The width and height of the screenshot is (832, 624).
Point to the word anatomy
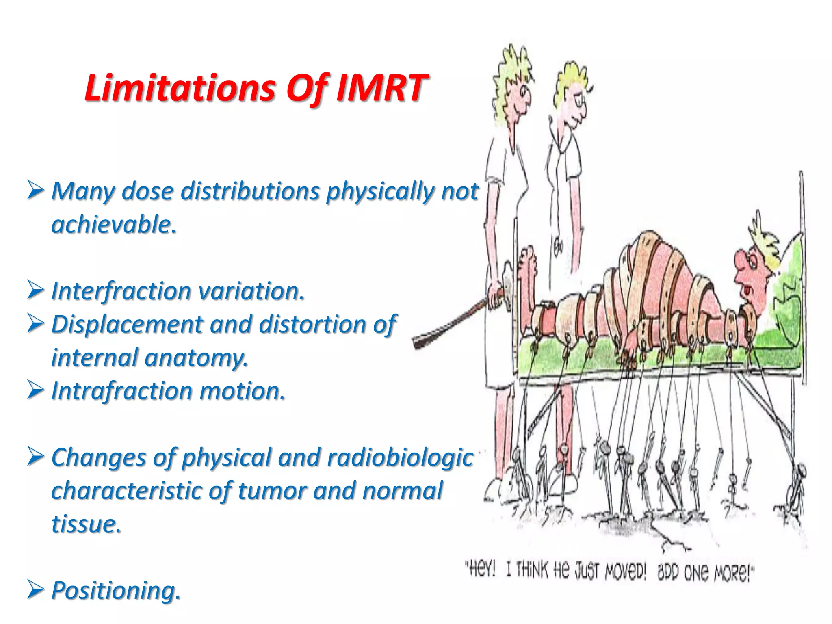point(195,357)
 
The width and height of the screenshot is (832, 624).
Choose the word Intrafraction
point(121,391)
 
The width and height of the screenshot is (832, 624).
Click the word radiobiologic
point(400,457)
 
